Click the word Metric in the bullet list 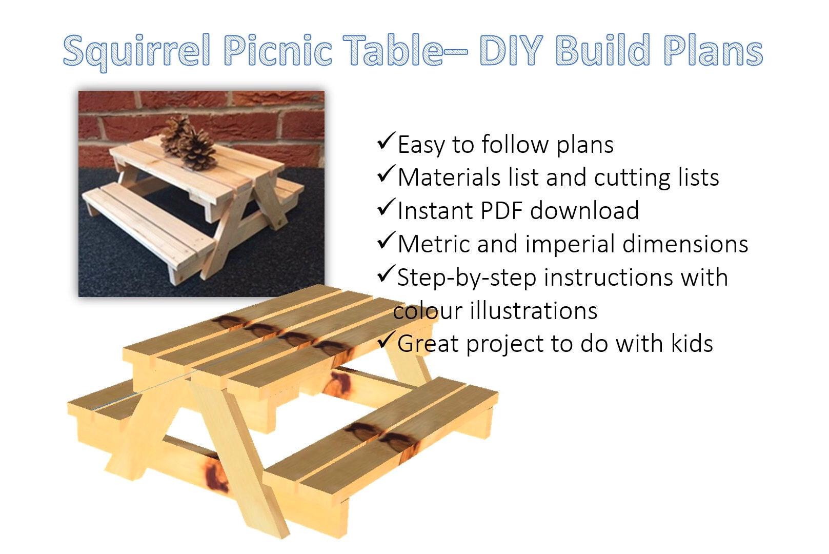[x=434, y=244]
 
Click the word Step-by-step [x=467, y=278]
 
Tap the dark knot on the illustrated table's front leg [x=216, y=477]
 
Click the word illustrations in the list [x=530, y=311]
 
